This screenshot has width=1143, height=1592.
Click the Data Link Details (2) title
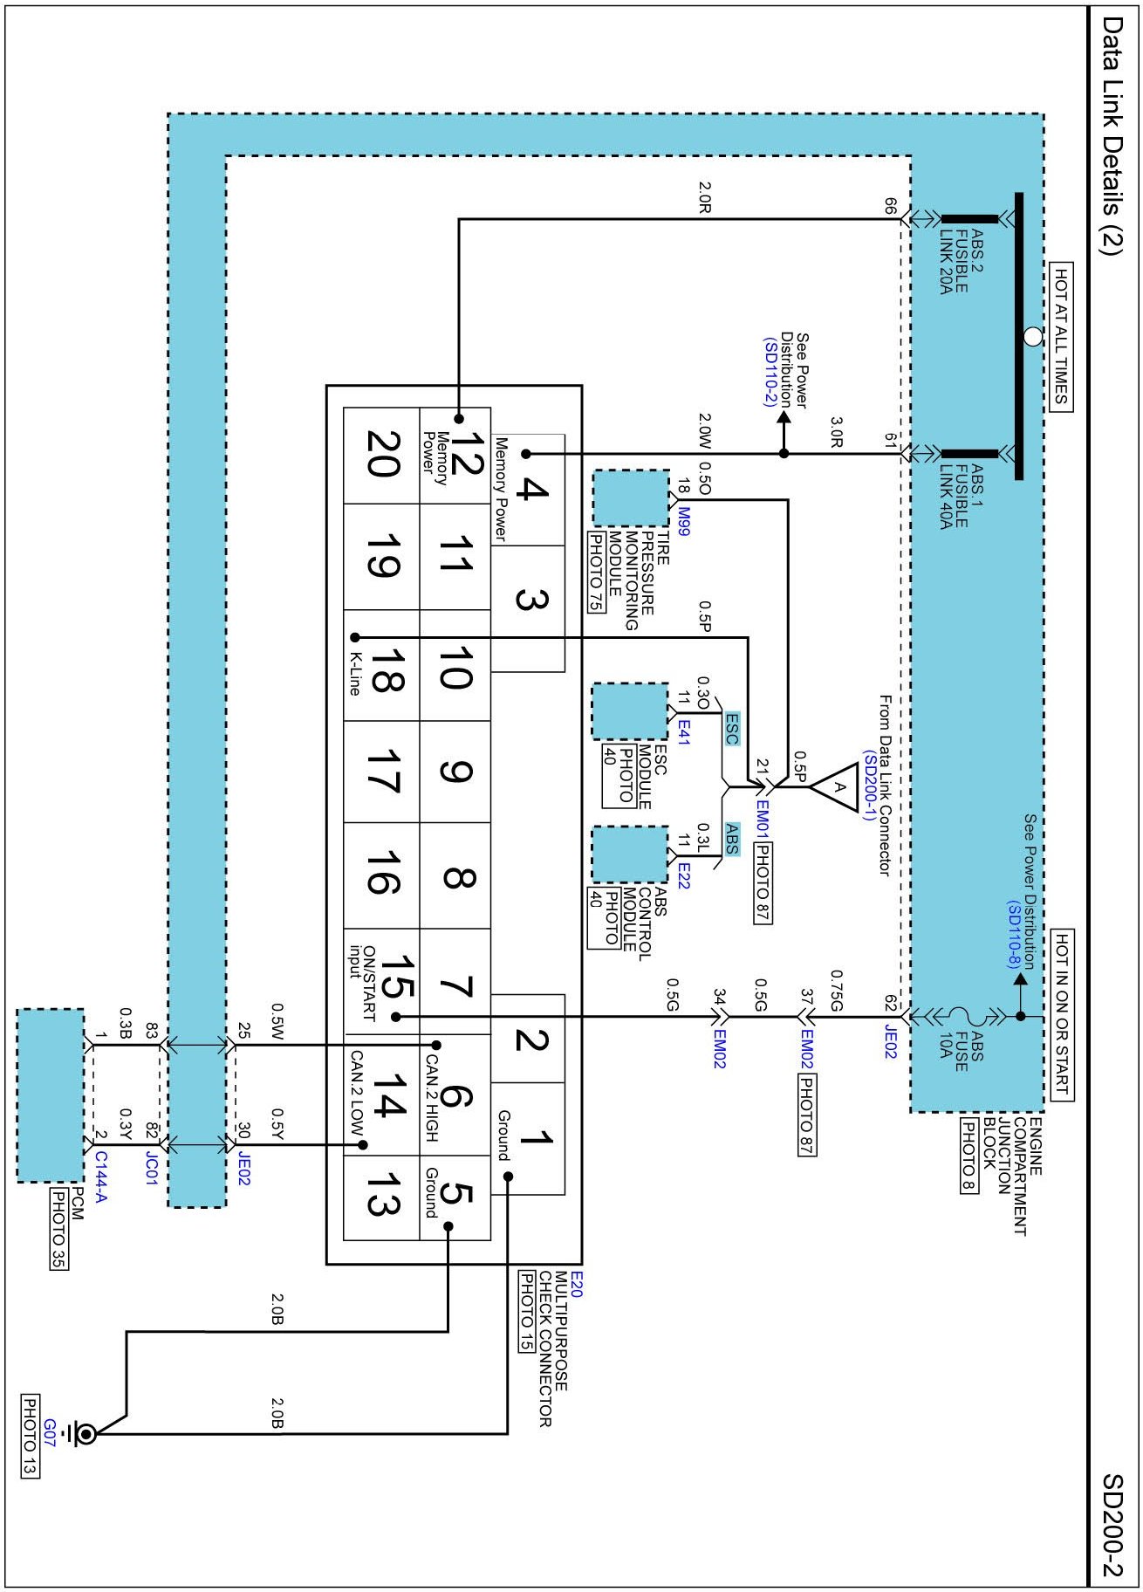[x=1112, y=134]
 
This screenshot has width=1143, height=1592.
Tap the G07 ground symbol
[x=86, y=1433]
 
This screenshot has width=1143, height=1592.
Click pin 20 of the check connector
[x=381, y=455]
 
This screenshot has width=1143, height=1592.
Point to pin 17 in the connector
[x=381, y=772]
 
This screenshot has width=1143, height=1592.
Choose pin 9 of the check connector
[x=455, y=772]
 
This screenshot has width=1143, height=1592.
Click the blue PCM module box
[x=51, y=1095]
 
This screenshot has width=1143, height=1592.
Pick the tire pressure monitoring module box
[x=631, y=498]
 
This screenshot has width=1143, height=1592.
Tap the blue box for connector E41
[x=630, y=711]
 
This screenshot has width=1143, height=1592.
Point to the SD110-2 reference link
[x=770, y=372]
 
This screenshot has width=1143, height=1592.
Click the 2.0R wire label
[x=705, y=197]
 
